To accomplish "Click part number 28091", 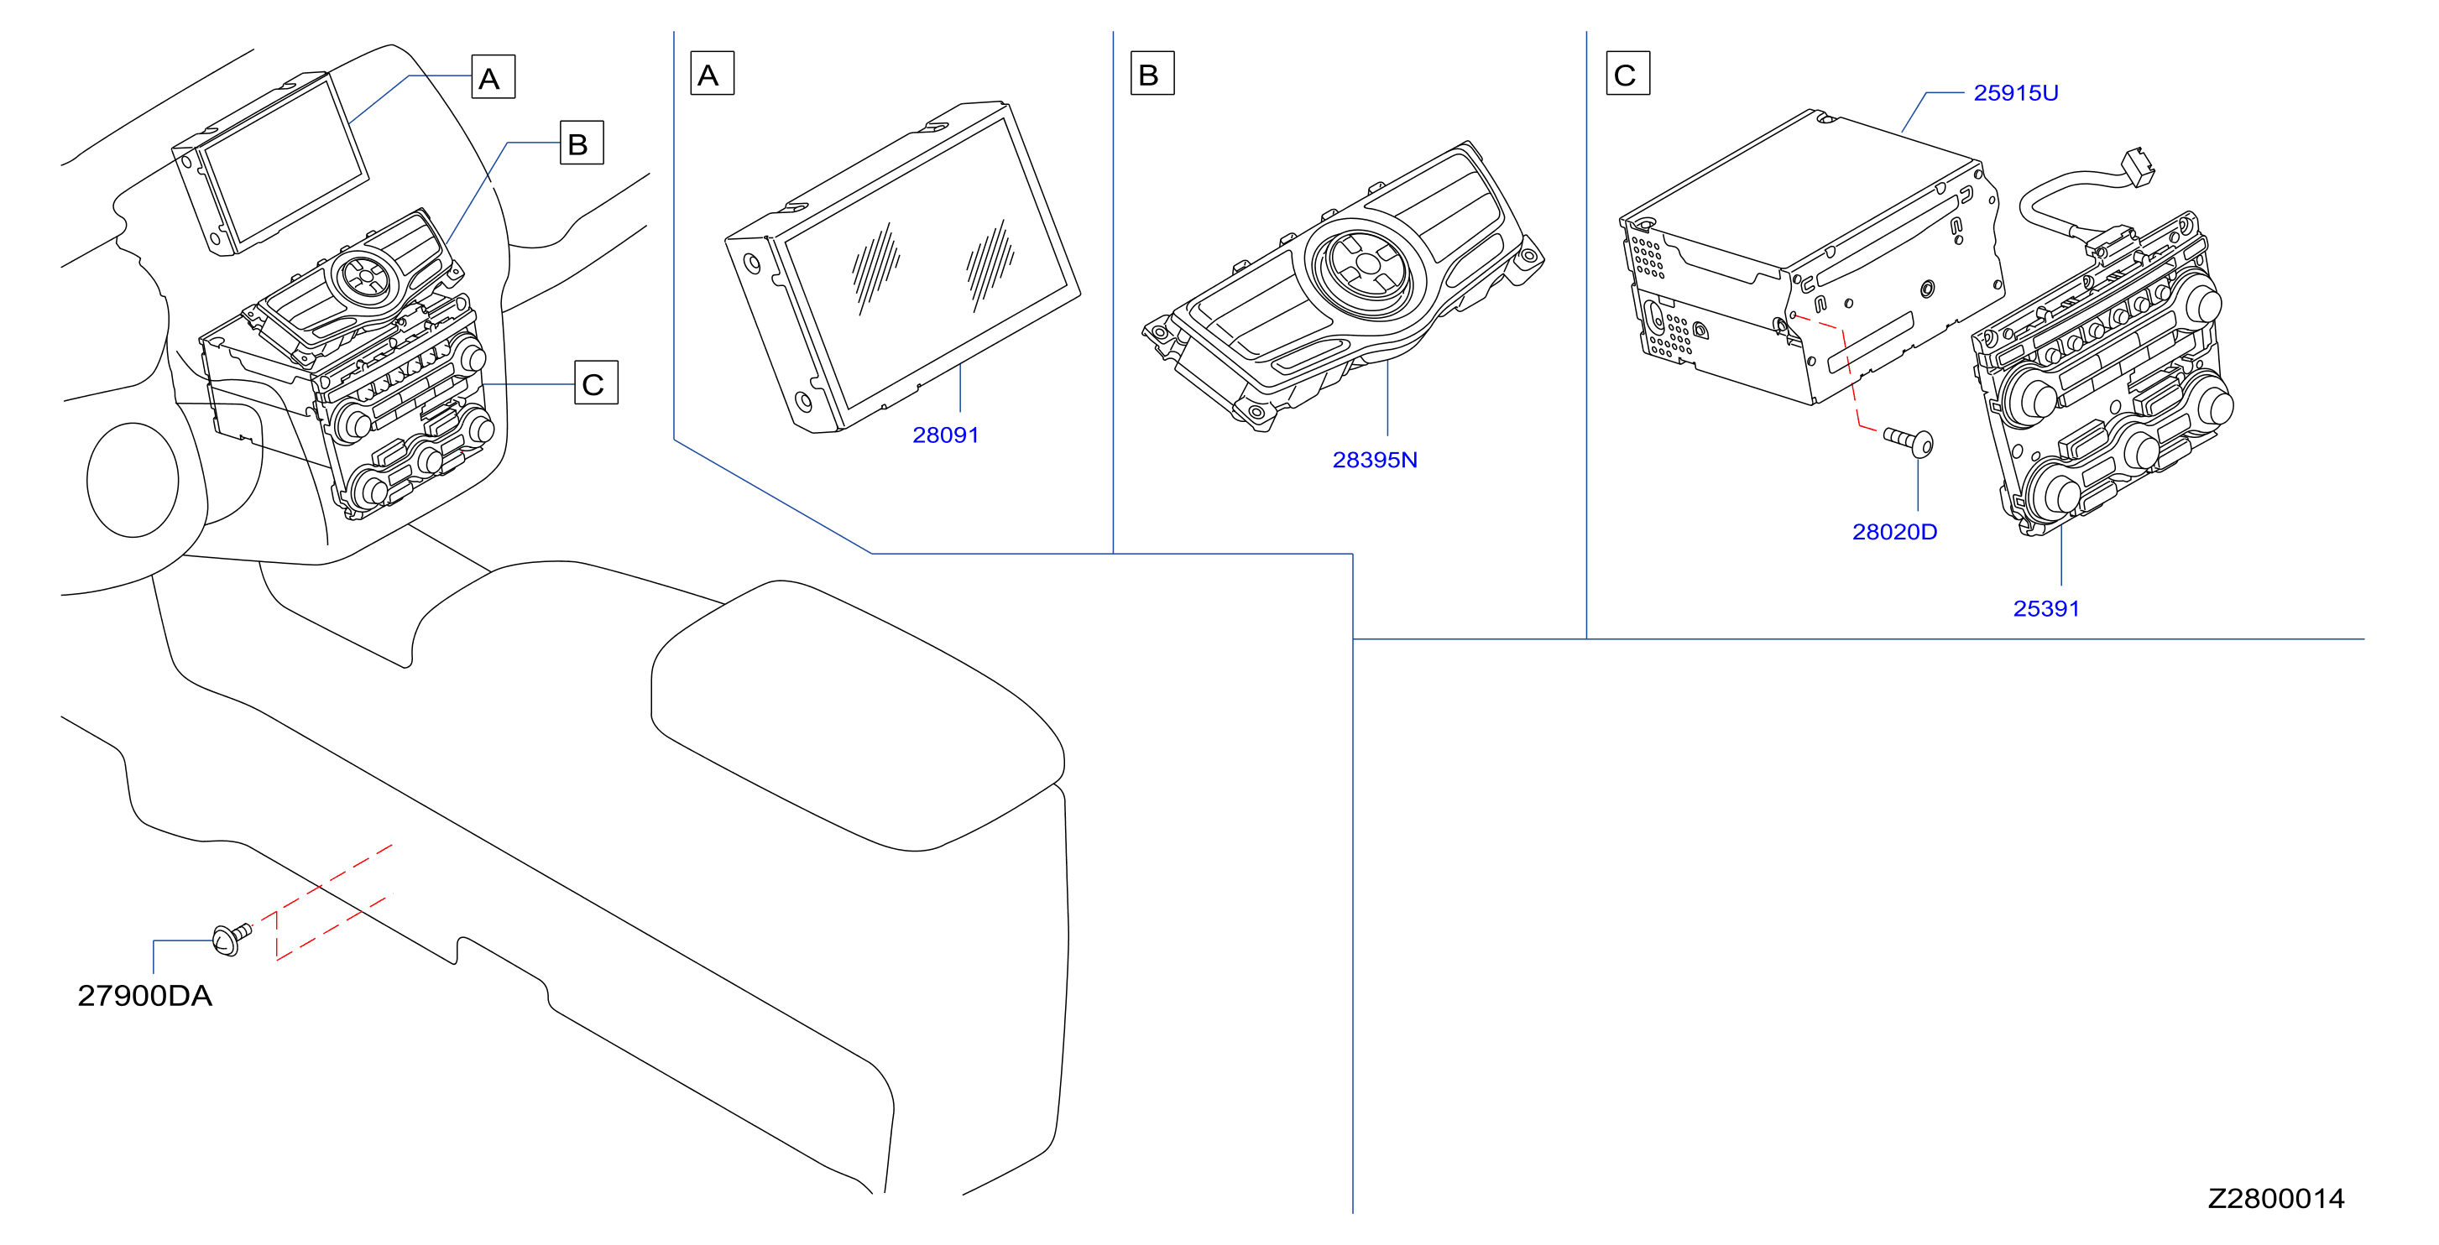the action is point(945,435).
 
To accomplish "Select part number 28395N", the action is point(1375,459).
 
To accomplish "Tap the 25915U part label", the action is point(2016,93).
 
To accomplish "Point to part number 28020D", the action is point(1894,532).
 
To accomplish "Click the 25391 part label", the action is point(2046,609).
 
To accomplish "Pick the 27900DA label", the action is point(145,996).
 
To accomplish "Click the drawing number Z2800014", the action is point(2276,1199).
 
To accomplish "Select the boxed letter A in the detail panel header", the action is point(712,74).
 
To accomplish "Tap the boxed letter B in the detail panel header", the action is point(1152,74).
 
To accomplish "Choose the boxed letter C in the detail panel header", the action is point(1627,74).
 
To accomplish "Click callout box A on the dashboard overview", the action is point(494,76).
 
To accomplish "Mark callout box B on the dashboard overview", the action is point(582,143).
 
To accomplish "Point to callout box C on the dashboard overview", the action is point(597,383).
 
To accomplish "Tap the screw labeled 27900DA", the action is point(231,938).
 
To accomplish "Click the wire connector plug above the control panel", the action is point(2138,168).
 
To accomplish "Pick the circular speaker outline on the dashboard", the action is point(133,480).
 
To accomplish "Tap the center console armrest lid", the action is point(858,716).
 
